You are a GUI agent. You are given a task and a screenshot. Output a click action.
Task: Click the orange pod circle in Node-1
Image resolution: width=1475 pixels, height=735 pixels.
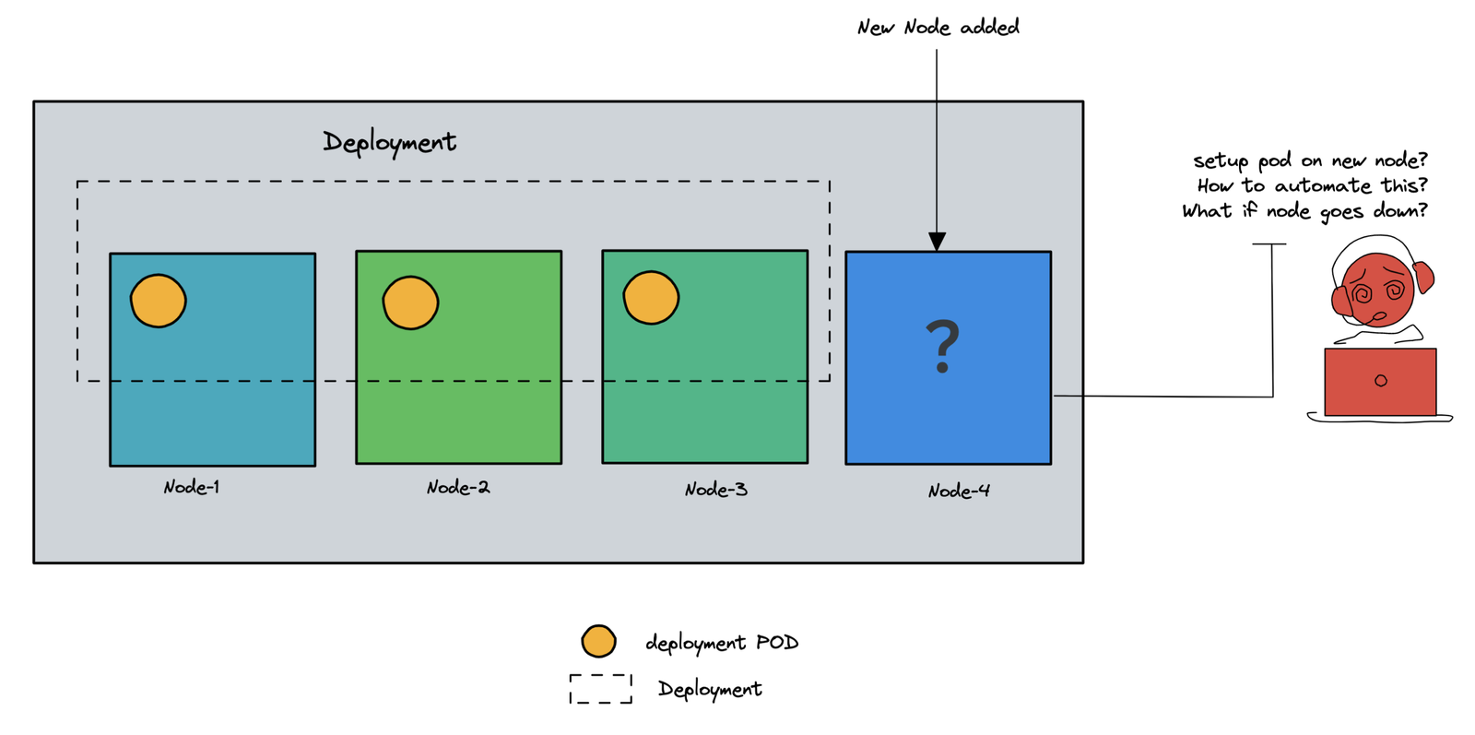point(159,301)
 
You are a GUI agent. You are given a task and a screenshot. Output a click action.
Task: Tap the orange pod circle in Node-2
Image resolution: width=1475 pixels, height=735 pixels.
point(410,302)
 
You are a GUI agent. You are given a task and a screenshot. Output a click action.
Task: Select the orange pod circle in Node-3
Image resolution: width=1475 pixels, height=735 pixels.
point(651,298)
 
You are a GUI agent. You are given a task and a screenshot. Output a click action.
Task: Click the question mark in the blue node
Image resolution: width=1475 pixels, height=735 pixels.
point(942,346)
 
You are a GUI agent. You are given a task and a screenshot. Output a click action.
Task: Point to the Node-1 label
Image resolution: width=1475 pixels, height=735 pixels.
point(192,487)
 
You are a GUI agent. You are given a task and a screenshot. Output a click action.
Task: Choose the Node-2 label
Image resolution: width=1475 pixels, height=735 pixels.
point(458,487)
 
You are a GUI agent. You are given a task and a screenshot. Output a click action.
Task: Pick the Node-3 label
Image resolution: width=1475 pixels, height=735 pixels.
point(715,490)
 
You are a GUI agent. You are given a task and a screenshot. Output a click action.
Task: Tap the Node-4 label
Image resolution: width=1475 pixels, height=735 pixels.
point(959,491)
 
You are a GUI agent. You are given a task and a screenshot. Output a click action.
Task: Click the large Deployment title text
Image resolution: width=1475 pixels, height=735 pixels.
point(389,142)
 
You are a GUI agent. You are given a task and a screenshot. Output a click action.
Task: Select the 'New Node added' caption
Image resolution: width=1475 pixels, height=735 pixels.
point(938,28)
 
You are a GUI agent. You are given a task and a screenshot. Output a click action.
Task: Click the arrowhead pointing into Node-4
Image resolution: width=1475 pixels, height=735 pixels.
point(937,242)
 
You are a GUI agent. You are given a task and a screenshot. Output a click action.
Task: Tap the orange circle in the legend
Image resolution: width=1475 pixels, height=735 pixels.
point(598,641)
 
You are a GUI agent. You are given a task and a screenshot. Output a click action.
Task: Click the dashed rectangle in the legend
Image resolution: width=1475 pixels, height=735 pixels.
point(600,689)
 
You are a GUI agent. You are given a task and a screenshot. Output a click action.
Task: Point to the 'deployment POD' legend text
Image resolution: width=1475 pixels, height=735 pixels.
point(722,643)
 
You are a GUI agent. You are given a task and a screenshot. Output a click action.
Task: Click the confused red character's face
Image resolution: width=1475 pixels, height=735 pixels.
point(1376,290)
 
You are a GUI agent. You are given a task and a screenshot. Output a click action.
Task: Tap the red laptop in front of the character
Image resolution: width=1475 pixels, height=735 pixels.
point(1380,381)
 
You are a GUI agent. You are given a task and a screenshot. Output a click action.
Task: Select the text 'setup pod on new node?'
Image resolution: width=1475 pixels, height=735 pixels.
point(1310,160)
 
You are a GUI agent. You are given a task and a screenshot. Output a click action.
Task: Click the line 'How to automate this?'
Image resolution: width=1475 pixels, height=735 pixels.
point(1312,185)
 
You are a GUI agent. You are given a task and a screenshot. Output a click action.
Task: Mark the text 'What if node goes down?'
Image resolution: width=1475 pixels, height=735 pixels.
point(1304,211)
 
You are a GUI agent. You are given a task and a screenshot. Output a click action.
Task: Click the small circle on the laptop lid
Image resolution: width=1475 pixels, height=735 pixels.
point(1380,381)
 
